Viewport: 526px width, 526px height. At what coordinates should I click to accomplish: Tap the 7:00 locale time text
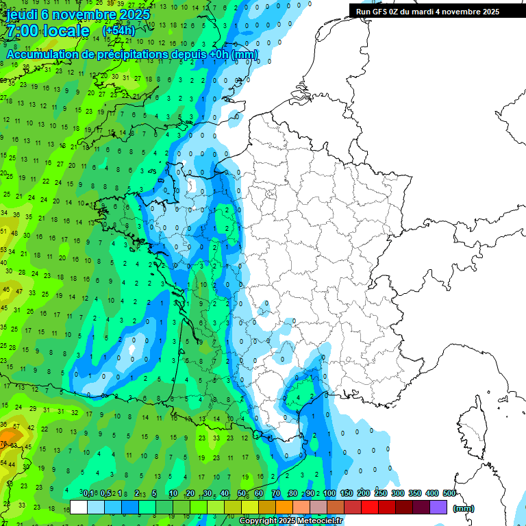(48, 31)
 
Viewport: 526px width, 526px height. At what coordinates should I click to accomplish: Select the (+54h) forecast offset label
(118, 31)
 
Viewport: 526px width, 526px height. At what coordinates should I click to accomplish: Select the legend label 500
(449, 493)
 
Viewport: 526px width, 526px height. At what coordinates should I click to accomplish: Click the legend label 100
(329, 493)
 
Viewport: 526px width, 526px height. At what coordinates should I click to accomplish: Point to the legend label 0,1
(88, 493)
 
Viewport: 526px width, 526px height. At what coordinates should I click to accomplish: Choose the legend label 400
(432, 493)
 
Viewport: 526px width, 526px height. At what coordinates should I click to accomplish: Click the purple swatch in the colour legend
(438, 507)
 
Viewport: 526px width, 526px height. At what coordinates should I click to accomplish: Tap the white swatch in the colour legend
(79, 507)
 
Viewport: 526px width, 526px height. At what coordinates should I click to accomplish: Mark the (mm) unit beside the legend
(464, 508)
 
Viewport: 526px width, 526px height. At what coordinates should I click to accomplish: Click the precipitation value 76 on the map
(4, 444)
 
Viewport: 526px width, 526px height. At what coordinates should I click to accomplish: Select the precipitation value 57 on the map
(16, 426)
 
